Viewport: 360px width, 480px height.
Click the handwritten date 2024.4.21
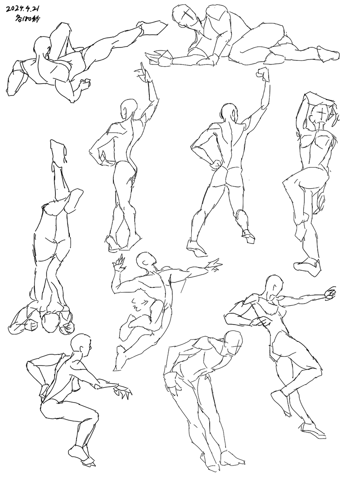24,9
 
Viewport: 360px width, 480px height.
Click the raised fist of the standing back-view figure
263,74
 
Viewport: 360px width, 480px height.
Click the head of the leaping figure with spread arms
146,261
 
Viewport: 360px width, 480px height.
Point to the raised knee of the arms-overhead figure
289,183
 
